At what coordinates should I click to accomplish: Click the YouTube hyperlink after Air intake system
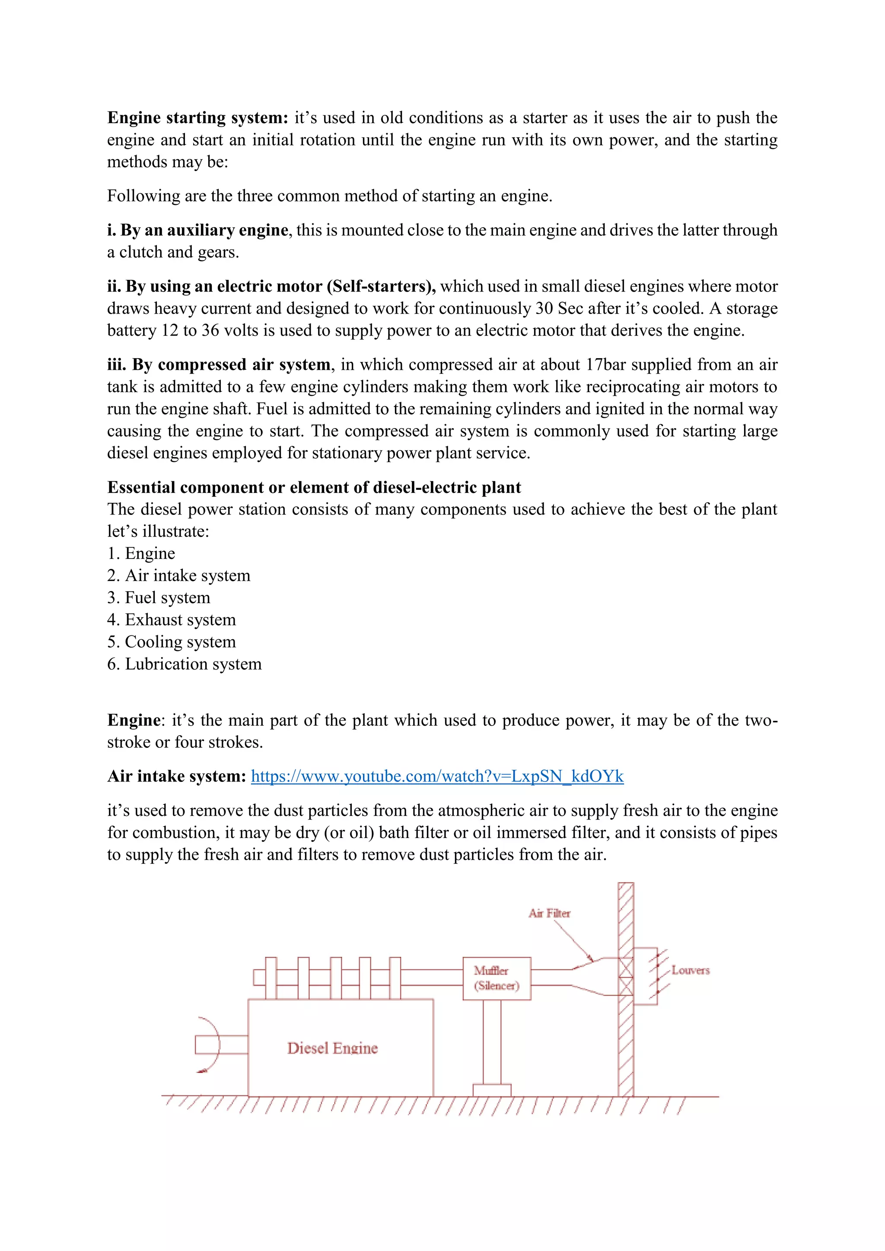437,776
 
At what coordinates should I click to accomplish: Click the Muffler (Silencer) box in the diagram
497,978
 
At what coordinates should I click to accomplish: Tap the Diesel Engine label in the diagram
332,1048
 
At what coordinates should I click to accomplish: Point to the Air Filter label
549,913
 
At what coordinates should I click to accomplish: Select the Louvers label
691,970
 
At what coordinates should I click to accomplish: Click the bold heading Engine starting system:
197,117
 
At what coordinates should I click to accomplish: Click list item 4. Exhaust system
172,619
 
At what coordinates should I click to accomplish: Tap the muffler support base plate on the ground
491,1090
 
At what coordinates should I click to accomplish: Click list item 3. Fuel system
159,598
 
